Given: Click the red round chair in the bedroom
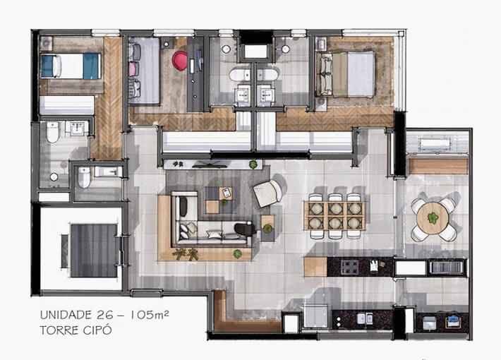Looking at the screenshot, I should (x=180, y=61).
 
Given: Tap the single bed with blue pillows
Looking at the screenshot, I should (x=70, y=66).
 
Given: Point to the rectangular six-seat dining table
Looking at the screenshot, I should (x=334, y=215).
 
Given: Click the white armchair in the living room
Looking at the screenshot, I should (x=268, y=192).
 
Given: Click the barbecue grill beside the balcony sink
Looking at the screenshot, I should (x=447, y=267).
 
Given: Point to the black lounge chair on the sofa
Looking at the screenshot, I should (x=244, y=229).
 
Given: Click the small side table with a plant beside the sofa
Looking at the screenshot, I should (x=267, y=224).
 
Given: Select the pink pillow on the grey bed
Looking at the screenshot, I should (x=132, y=68).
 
